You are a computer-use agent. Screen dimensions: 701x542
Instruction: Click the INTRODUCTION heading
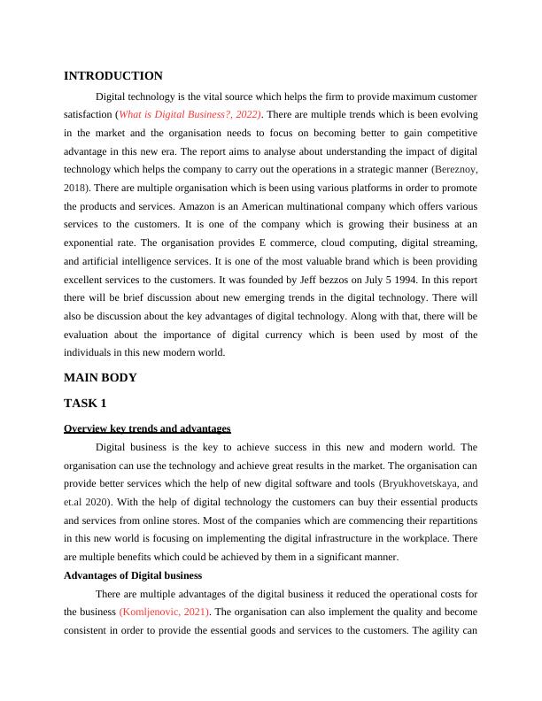point(113,76)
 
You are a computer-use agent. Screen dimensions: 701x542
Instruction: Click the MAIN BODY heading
point(100,378)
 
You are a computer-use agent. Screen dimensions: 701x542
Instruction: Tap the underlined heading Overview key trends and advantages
point(147,428)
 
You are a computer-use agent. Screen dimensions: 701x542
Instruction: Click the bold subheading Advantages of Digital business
point(133,575)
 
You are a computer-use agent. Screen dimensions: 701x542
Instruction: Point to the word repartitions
point(445,520)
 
